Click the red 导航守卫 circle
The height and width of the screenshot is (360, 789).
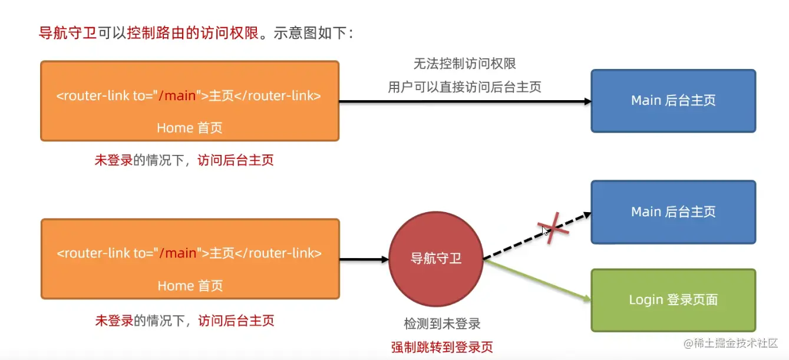[435, 259]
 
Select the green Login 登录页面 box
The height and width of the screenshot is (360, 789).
[673, 300]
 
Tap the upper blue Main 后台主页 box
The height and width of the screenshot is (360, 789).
[673, 101]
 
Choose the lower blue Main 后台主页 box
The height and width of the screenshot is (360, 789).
[673, 212]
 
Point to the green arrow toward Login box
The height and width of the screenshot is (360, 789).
[536, 280]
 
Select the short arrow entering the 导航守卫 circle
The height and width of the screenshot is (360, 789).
[364, 259]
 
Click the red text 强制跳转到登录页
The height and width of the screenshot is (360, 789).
[442, 347]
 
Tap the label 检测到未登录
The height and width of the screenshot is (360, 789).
[442, 323]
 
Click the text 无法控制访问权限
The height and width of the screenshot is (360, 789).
[464, 64]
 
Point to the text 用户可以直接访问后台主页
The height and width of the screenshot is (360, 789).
[464, 87]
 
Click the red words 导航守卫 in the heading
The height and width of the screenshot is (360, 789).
[67, 33]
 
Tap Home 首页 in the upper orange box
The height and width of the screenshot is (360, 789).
[189, 128]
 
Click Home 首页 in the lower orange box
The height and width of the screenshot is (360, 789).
[190, 286]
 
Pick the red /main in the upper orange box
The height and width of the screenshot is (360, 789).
[178, 95]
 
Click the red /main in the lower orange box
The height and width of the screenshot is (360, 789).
[179, 253]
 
